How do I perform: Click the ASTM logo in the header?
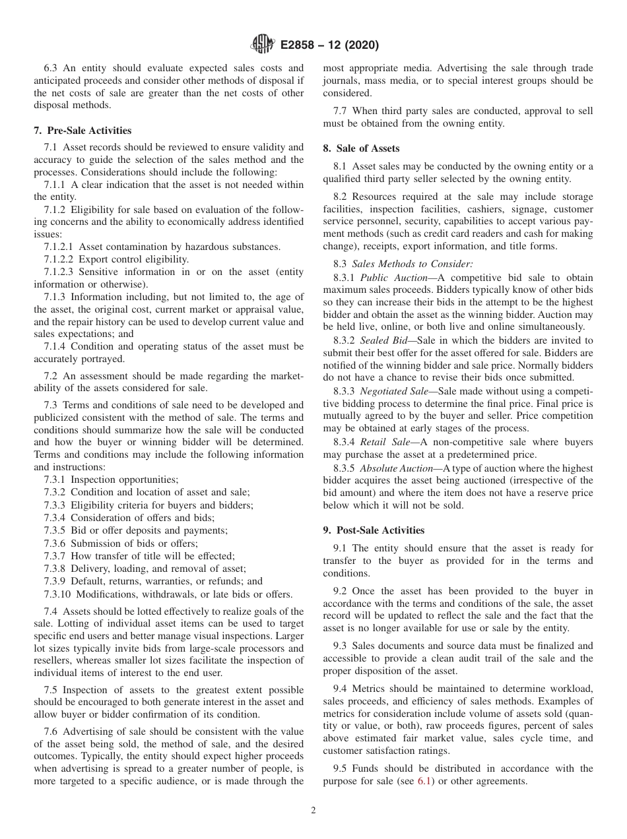click(263, 45)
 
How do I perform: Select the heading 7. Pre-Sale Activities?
click(82, 131)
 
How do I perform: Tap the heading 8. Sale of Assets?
click(361, 148)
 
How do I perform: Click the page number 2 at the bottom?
click(313, 811)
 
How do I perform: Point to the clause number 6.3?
click(51, 68)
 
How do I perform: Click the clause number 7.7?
click(341, 111)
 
